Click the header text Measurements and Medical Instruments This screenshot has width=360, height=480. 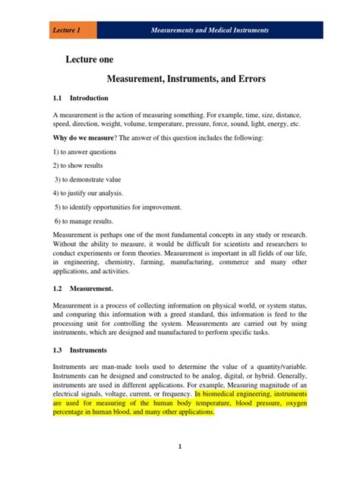(209, 30)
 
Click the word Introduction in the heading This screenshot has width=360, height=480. (89, 98)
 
